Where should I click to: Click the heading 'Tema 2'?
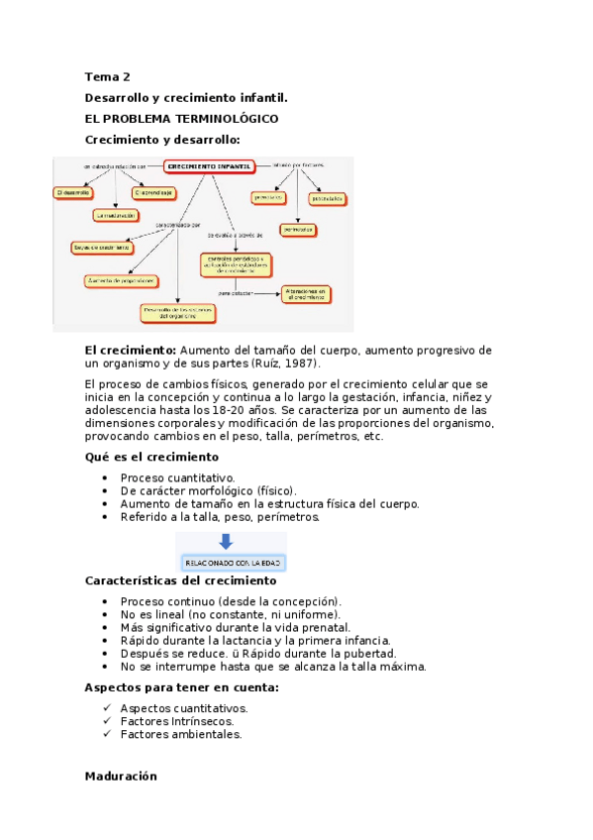point(107,76)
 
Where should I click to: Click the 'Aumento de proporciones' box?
point(121,280)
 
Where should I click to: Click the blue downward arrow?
point(226,542)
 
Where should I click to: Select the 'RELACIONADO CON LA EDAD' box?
point(233,563)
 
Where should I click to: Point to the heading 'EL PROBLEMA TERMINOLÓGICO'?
point(181,118)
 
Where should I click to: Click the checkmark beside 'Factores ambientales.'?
point(106,735)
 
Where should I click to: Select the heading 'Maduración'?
point(121,778)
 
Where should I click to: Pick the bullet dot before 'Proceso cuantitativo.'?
point(106,476)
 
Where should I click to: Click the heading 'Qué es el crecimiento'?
point(151,457)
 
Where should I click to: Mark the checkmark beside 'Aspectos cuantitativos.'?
point(106,708)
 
